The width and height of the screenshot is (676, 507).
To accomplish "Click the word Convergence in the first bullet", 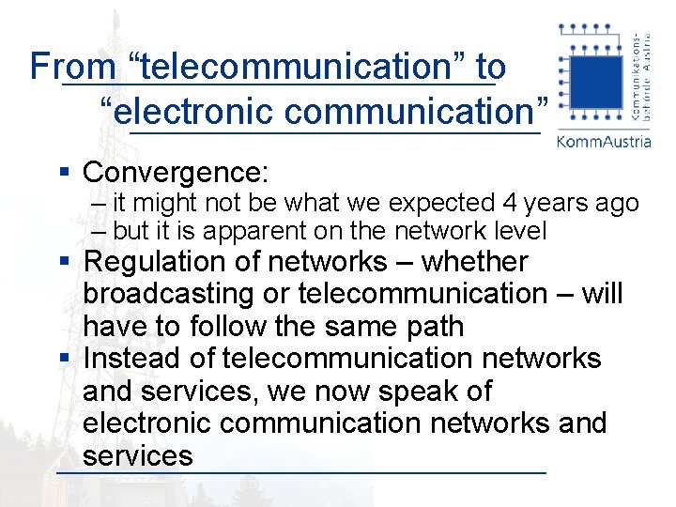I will [176, 173].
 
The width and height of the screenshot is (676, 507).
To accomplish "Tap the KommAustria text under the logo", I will [603, 142].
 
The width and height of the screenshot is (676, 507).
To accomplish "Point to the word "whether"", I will [475, 262].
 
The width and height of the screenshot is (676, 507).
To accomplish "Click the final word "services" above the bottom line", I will [137, 456].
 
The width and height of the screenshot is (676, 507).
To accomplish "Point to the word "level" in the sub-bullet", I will [516, 231].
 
